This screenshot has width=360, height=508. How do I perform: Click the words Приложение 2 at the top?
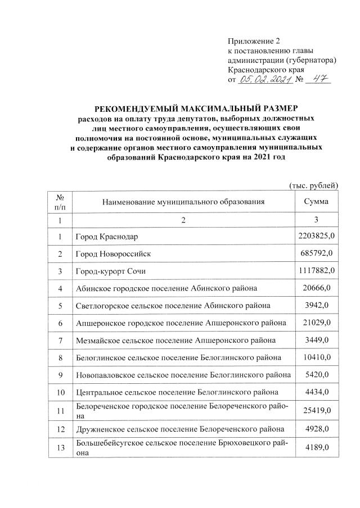click(253, 41)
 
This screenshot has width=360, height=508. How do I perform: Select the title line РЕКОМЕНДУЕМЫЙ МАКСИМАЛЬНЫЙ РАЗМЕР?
click(195, 108)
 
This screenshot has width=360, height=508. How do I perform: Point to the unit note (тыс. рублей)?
click(313, 185)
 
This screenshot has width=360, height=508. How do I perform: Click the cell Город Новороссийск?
click(113, 254)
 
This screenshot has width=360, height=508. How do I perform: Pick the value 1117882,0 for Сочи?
click(316, 271)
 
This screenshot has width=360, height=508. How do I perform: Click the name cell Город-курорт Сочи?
click(110, 271)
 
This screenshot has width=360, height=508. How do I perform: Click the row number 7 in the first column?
click(60, 341)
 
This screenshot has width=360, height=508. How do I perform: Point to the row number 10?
click(60, 392)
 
